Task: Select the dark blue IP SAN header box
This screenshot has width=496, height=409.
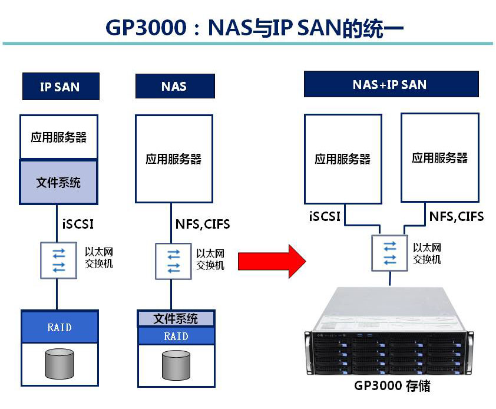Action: coord(59,87)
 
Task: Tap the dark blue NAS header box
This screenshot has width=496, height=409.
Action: coord(174,86)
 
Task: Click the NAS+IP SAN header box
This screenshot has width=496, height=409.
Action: coord(389,84)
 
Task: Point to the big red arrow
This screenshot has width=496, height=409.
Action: coord(271,258)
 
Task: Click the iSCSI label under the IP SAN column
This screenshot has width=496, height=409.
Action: coord(78,224)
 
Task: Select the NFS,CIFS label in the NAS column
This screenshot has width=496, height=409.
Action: coord(202,224)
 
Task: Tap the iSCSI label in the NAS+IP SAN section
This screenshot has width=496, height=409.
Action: coord(325,216)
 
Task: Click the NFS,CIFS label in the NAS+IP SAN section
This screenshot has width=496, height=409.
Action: coord(456,216)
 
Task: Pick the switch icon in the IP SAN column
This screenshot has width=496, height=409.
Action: coord(58,260)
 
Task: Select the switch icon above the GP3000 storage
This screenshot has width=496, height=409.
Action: coord(389,252)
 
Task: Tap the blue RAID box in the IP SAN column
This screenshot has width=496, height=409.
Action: coord(59,327)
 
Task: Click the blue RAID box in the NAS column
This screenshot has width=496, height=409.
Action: coord(176,336)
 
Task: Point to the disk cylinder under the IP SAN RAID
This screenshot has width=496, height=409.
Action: coord(59,364)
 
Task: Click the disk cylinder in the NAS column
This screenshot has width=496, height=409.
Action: coord(176,366)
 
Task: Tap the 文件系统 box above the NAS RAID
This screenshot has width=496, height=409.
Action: coord(176,319)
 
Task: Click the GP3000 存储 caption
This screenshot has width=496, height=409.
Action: coord(392,387)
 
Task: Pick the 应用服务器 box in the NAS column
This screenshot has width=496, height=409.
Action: coord(174,159)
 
